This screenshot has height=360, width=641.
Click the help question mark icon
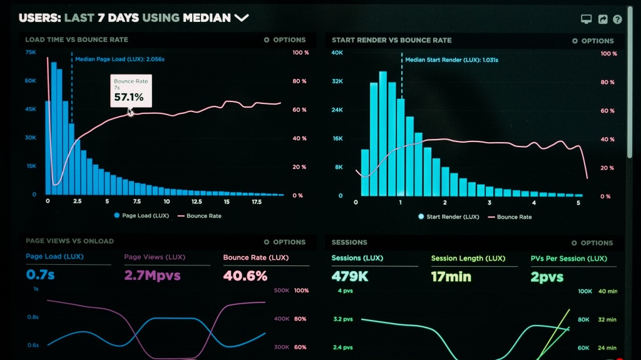617,19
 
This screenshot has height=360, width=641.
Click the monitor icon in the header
586,19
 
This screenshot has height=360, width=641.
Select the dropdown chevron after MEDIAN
242,18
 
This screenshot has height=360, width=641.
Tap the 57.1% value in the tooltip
129,98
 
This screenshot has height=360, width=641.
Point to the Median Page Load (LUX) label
120,59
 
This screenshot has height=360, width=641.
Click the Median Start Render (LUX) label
452,59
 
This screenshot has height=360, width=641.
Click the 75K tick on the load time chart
31,53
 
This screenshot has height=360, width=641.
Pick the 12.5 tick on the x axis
197,202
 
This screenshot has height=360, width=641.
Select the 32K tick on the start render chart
337,81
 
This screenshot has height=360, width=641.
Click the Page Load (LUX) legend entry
141,215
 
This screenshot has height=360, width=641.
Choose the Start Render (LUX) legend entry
449,217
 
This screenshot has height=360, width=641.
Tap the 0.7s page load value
40,274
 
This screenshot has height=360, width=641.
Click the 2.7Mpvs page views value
152,275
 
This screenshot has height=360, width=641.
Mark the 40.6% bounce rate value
245,275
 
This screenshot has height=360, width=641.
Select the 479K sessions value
350,277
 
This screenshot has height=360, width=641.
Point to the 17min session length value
451,277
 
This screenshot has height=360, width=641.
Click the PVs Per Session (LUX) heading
568,259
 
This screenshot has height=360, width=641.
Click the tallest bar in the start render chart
383,133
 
